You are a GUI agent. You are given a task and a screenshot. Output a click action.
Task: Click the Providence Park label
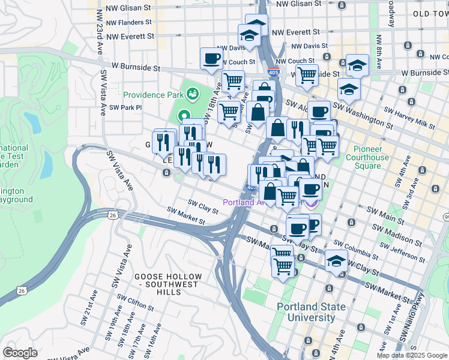tap(154, 95)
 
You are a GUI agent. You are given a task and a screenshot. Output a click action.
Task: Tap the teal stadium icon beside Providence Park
tap(193, 94)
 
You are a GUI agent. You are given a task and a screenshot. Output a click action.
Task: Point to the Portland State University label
tap(311, 311)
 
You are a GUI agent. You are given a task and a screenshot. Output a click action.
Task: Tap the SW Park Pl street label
tap(122, 107)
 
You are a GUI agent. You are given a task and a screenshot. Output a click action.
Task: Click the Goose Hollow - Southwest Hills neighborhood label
tap(166, 284)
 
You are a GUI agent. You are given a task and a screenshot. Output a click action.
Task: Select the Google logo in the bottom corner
tap(20, 352)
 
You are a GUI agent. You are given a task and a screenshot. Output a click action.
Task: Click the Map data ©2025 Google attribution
tap(411, 355)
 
